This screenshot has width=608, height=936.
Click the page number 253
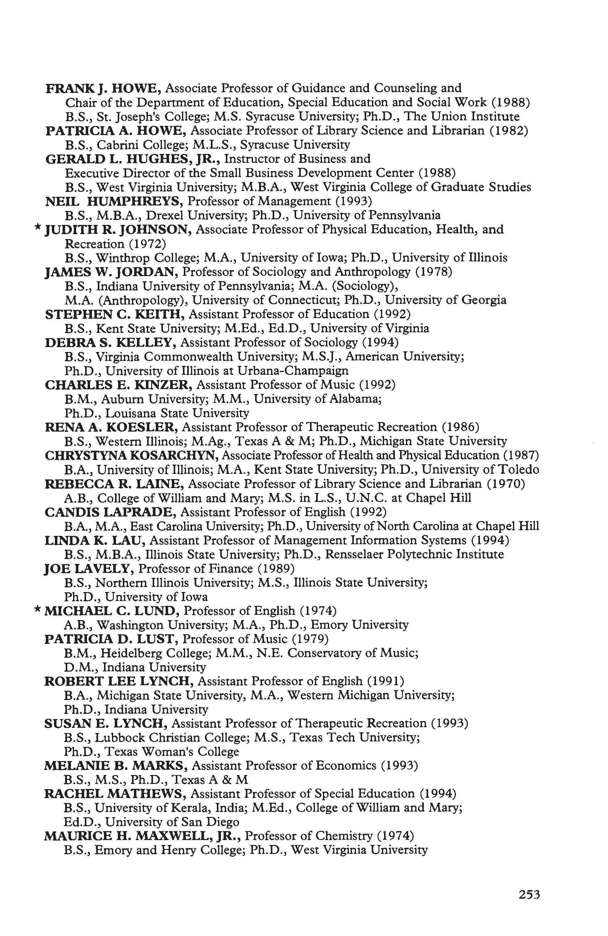pos(529,884)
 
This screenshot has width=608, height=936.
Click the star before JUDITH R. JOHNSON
pos(37,227)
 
